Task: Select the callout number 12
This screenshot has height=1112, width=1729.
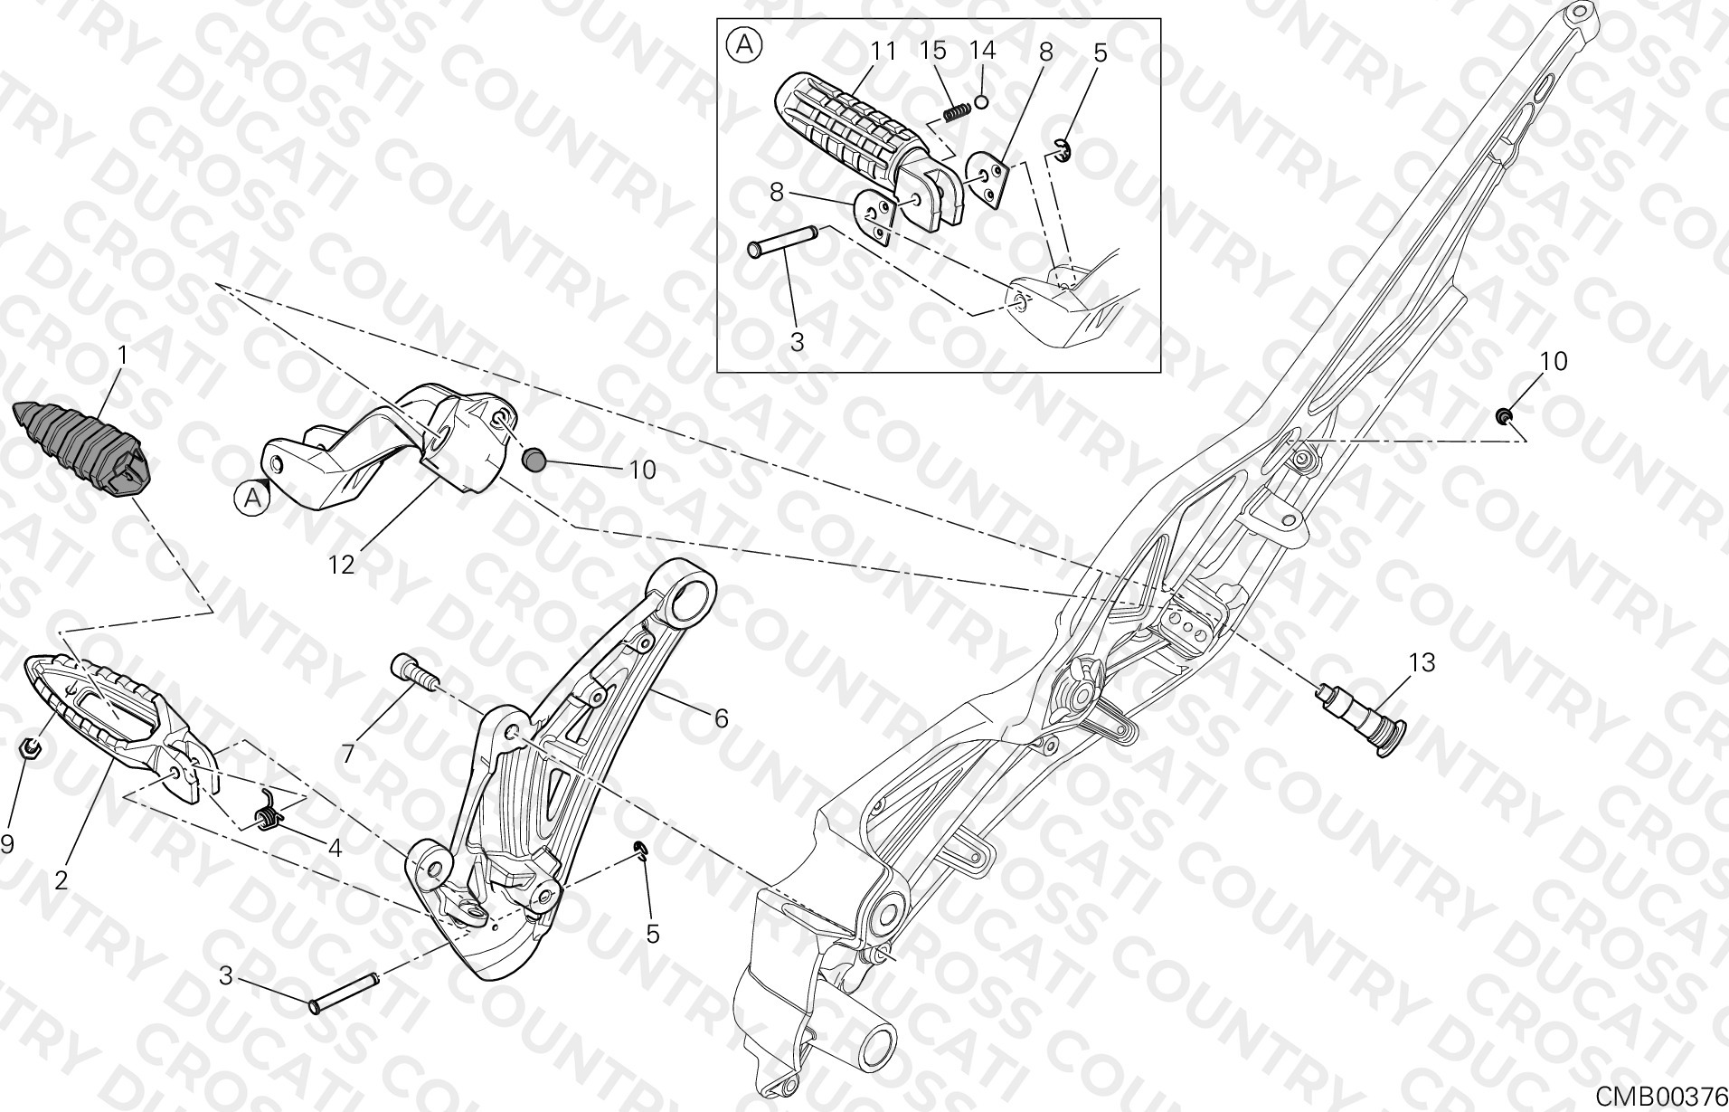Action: pyautogui.click(x=341, y=565)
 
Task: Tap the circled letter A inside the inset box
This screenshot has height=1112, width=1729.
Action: pyautogui.click(x=745, y=45)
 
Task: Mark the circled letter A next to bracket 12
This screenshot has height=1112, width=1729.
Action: pyautogui.click(x=252, y=496)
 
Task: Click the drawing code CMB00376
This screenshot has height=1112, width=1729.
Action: pyautogui.click(x=1660, y=1096)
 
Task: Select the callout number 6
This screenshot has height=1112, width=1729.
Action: pyautogui.click(x=720, y=718)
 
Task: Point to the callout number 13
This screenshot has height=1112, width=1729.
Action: pyautogui.click(x=1422, y=663)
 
